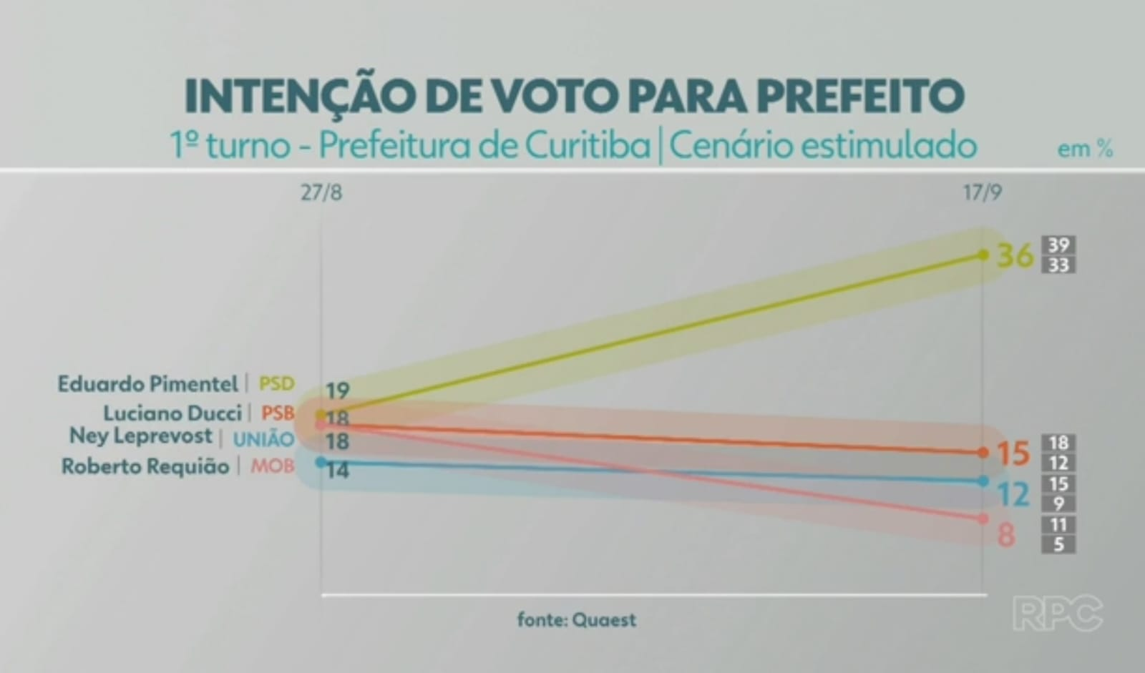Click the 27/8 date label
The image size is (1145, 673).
click(321, 193)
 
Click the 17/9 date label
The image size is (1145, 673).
click(982, 193)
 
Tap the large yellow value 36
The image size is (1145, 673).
click(1015, 255)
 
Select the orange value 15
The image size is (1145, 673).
click(1013, 453)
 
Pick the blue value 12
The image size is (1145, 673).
click(1013, 494)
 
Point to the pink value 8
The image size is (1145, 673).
click(1006, 535)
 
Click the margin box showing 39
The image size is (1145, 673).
click(1058, 245)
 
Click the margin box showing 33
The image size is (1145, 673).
click(1058, 265)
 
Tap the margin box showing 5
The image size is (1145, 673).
click(1058, 544)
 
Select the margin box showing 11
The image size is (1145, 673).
click(1058, 524)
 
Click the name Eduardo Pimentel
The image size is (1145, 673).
click(147, 384)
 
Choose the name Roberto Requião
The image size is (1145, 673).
click(145, 466)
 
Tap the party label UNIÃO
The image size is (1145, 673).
click(263, 438)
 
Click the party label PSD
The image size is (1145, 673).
click(276, 384)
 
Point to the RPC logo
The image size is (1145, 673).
click(1057, 613)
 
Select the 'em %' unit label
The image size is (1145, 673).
click(1085, 149)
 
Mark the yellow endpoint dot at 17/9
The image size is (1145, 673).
click(983, 255)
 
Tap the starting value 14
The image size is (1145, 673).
click(336, 470)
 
